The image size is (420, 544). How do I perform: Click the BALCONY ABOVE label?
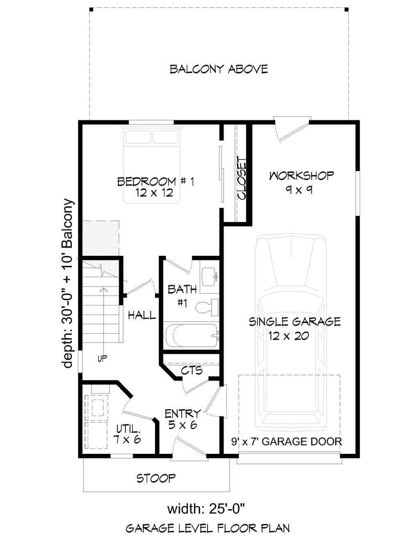[219, 69]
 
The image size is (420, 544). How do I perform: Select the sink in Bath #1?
[209, 277]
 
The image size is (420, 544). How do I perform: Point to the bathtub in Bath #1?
[192, 335]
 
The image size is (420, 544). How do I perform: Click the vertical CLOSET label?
[242, 178]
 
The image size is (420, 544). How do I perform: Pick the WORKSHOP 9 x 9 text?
[301, 182]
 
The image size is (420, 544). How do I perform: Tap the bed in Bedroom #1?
[152, 165]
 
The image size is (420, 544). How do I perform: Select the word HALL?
[142, 315]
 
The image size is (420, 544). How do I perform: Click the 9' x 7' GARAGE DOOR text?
[287, 442]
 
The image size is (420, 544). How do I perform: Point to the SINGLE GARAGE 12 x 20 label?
[294, 328]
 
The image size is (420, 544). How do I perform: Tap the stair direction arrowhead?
[103, 290]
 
